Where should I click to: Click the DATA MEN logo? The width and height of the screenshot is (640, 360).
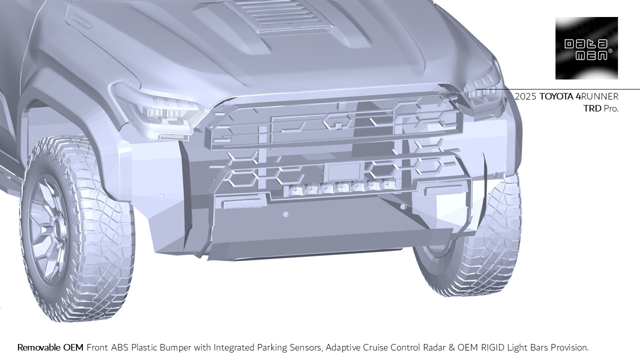click(586, 48)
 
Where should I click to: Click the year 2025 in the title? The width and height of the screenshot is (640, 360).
click(525, 96)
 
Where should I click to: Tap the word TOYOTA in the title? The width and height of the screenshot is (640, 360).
click(556, 96)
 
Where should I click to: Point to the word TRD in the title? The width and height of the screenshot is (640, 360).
click(592, 108)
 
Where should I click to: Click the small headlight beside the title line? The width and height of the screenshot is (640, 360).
click(483, 90)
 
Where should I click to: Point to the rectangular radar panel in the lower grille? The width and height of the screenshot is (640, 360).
click(344, 171)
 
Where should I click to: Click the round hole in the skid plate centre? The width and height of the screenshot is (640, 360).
click(286, 214)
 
